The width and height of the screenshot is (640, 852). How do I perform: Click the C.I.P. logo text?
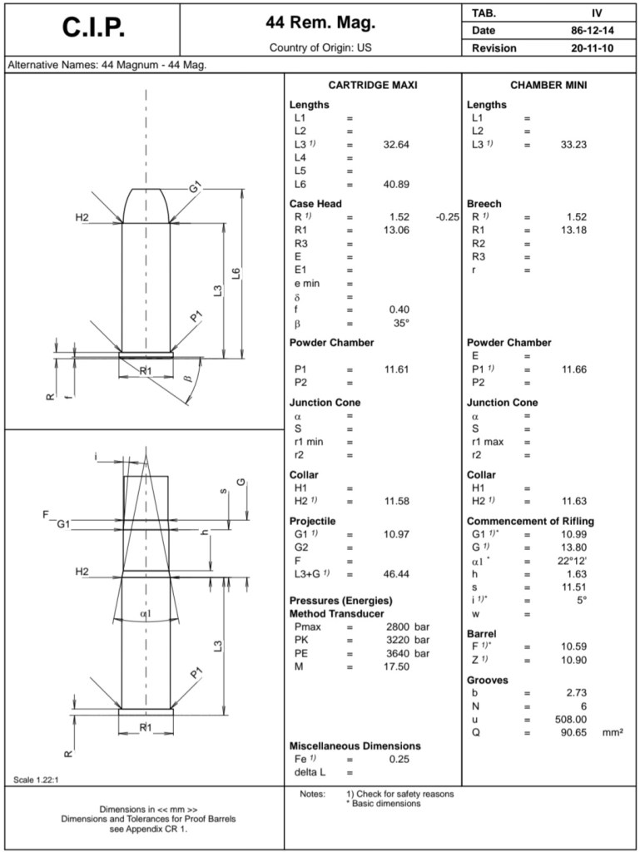coord(92,27)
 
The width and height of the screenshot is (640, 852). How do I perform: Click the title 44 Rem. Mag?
coord(320,22)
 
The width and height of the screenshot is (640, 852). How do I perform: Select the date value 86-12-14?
coord(587,31)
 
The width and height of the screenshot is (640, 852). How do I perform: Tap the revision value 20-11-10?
coord(587,48)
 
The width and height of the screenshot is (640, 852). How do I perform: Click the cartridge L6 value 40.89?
coord(396,184)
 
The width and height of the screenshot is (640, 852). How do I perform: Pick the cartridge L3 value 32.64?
coord(396,144)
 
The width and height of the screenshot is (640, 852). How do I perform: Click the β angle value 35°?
coord(401,323)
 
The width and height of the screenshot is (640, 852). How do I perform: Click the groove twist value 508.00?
coord(570,720)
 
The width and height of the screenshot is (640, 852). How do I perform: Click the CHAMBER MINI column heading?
coord(548,86)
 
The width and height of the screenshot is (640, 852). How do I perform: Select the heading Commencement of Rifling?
coord(530,521)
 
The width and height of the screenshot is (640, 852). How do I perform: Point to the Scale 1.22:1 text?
coord(37,780)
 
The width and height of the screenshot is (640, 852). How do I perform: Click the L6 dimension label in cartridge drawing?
coord(236,274)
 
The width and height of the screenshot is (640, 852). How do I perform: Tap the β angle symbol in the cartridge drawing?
coord(188,378)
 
